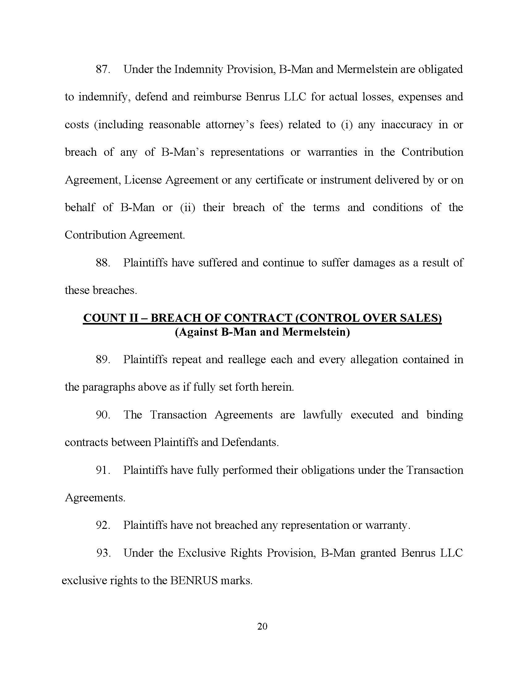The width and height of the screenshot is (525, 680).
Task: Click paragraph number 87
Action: point(102,69)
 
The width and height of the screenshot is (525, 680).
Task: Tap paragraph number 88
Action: point(102,263)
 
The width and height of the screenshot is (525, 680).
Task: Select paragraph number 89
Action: point(102,359)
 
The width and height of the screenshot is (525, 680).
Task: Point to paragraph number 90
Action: point(102,415)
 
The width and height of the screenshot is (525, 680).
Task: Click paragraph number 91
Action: point(102,470)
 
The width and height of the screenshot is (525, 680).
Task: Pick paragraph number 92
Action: point(102,525)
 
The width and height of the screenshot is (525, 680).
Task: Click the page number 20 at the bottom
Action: point(262,626)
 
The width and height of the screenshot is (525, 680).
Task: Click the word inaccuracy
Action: point(406,125)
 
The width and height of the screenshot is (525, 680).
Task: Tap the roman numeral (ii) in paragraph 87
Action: point(187,207)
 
